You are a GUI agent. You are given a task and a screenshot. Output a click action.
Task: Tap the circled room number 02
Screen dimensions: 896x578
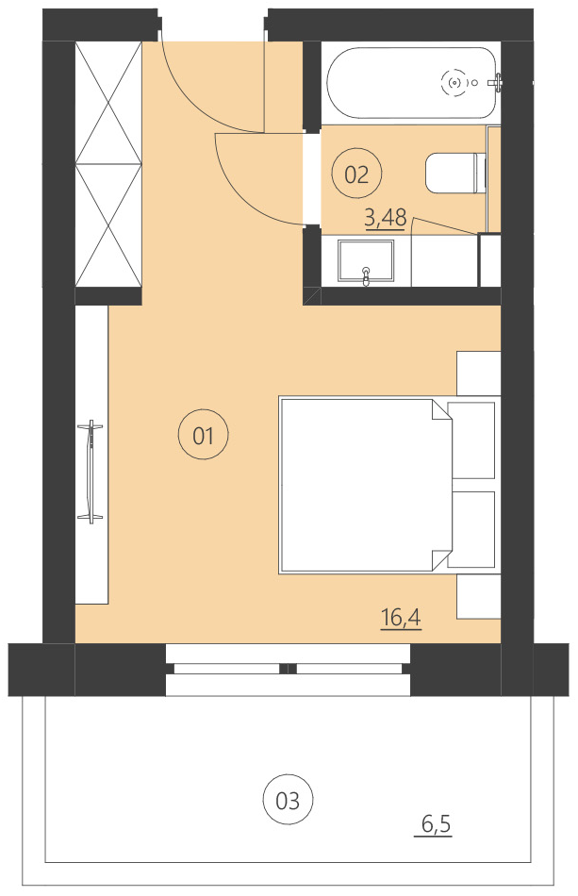[x=356, y=174]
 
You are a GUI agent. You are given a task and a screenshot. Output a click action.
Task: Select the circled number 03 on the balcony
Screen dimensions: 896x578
[x=288, y=801]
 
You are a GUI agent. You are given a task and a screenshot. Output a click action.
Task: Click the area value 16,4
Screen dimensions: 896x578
[x=401, y=619]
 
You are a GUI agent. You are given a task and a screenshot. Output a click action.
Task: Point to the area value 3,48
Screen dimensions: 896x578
[x=385, y=218]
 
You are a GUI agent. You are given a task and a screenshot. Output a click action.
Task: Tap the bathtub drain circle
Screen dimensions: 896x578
[x=456, y=83]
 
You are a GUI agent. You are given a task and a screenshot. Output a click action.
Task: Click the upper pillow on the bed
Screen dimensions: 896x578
[x=471, y=440]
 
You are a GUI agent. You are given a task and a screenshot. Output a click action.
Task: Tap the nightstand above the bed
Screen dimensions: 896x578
[x=478, y=373]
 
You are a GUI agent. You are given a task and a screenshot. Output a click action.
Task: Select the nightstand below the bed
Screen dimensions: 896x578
[x=478, y=596]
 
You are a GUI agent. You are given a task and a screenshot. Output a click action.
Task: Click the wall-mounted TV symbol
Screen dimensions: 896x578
[x=91, y=472]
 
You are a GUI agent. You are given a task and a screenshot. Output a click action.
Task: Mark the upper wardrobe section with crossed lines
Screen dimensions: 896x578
[x=107, y=102]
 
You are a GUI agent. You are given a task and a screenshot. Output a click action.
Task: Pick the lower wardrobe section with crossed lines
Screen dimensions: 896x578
[x=107, y=225]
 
